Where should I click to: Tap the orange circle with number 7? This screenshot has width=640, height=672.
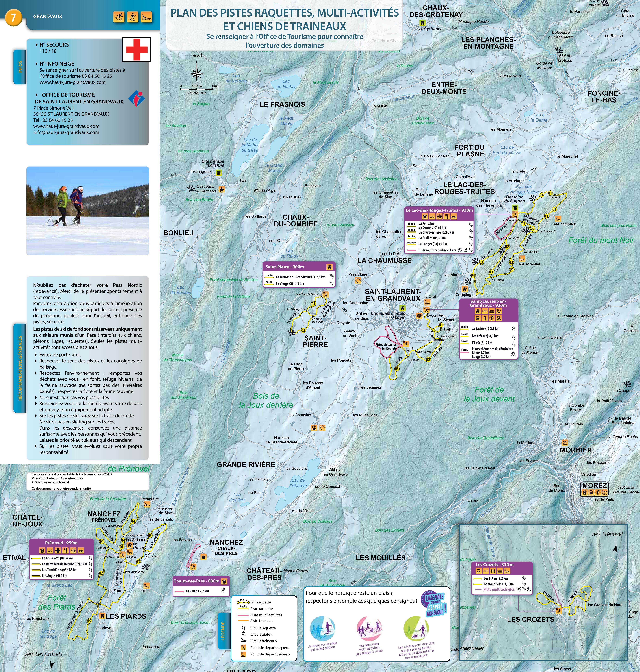(x=13, y=17)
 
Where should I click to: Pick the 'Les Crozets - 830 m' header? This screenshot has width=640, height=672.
(x=494, y=565)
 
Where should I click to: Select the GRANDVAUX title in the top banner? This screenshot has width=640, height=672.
(x=48, y=16)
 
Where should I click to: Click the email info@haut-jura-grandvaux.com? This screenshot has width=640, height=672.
(x=66, y=132)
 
